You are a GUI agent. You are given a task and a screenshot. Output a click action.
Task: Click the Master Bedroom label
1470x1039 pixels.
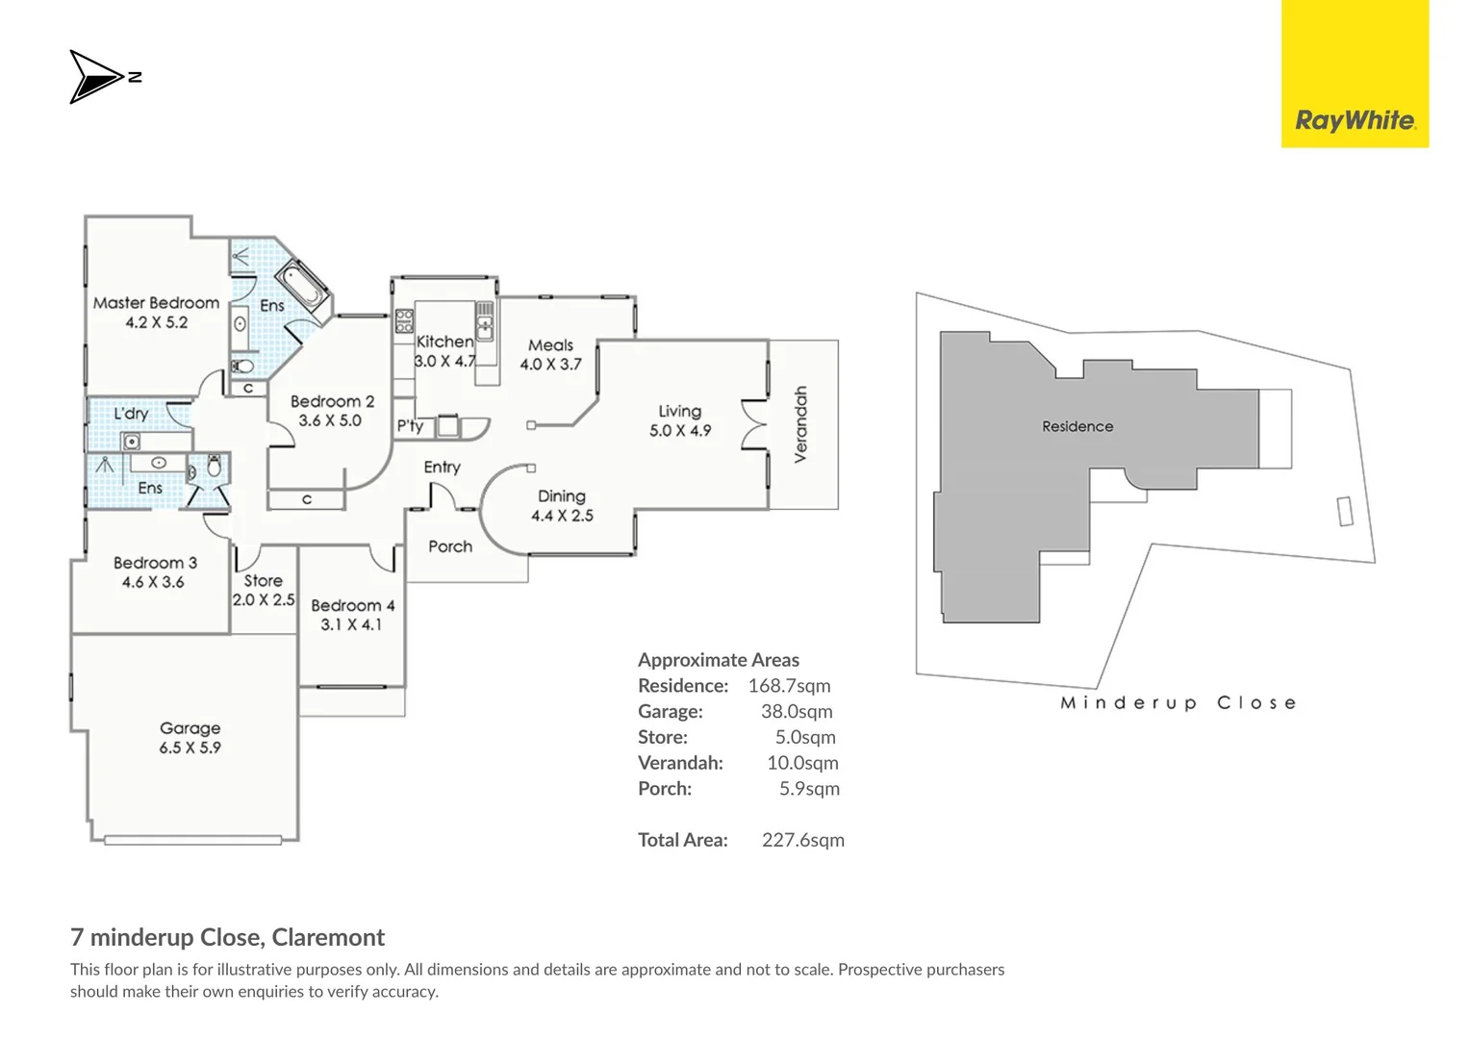pos(156,303)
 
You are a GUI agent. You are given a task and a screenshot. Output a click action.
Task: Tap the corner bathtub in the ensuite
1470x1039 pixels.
pos(302,288)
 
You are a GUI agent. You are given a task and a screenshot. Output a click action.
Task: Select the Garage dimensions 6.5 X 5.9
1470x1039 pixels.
pos(190,748)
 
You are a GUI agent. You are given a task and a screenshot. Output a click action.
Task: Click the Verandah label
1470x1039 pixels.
pos(800,424)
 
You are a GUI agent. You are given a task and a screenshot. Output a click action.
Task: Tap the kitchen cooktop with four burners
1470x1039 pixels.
pos(404,321)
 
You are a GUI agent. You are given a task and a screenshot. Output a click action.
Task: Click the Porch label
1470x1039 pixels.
pos(450,546)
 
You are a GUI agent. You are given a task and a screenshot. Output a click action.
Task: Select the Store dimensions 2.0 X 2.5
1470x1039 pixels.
pos(264,600)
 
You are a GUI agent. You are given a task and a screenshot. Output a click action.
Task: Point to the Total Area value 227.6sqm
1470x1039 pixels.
pos(802,840)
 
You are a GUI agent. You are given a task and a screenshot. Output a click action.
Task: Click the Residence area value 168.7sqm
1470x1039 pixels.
pos(789,685)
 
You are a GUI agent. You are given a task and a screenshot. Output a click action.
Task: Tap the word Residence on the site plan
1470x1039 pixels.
pos(1077,426)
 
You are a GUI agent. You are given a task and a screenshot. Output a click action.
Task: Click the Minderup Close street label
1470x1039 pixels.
pos(1179,703)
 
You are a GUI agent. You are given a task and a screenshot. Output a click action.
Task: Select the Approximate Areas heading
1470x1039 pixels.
pos(719,660)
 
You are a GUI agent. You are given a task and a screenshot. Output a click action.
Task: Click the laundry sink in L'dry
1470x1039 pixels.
pos(131,442)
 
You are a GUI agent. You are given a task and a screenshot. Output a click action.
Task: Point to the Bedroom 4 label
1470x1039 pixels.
pos(352,605)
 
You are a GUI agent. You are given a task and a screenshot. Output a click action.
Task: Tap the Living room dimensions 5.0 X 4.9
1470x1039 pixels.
pos(680,431)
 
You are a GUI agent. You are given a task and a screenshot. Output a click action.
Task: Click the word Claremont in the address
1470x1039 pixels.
pos(328,937)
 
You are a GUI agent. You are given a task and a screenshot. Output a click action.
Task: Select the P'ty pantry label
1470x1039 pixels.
pos(410,426)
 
